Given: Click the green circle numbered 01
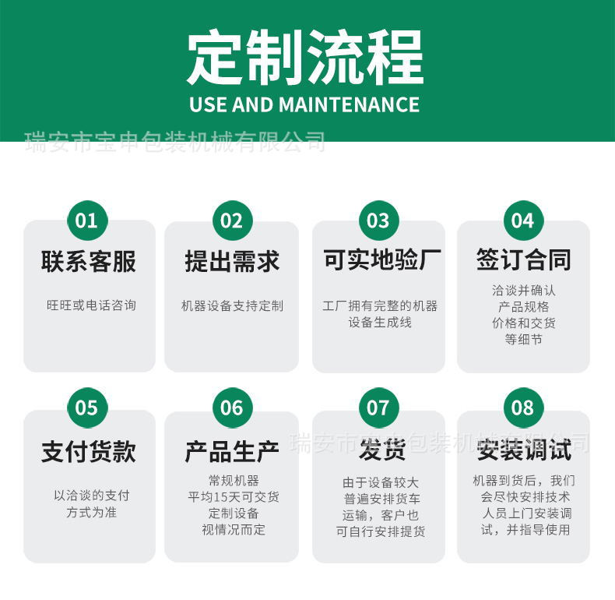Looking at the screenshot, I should pyautogui.click(x=87, y=221).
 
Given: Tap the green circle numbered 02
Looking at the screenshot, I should pyautogui.click(x=232, y=221).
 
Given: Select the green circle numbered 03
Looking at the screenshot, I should pyautogui.click(x=378, y=221).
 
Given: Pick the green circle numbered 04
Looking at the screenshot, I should pyautogui.click(x=523, y=221).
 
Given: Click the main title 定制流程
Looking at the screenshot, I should pyautogui.click(x=305, y=58).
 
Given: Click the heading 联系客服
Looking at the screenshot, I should pyautogui.click(x=89, y=262).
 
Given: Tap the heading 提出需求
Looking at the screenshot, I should pyautogui.click(x=232, y=262).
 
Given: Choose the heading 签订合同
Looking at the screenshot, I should pyautogui.click(x=523, y=260).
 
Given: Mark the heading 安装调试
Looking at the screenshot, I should pyautogui.click(x=524, y=450).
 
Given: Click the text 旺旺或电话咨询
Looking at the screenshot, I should pyautogui.click(x=91, y=305).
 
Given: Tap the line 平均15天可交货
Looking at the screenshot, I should pyautogui.click(x=233, y=497).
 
